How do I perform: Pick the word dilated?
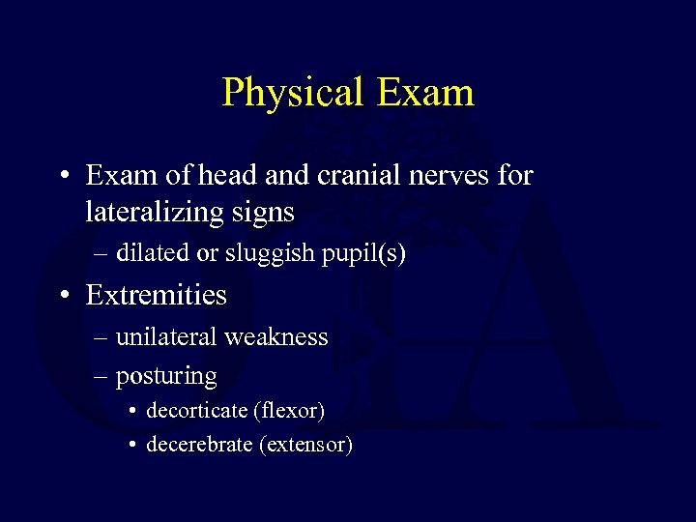[153, 253]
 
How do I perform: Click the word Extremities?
[157, 295]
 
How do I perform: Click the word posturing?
[166, 376]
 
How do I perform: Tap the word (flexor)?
[288, 411]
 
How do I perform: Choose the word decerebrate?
[198, 445]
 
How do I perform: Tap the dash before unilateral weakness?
[101, 338]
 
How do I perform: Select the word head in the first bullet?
[224, 176]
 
